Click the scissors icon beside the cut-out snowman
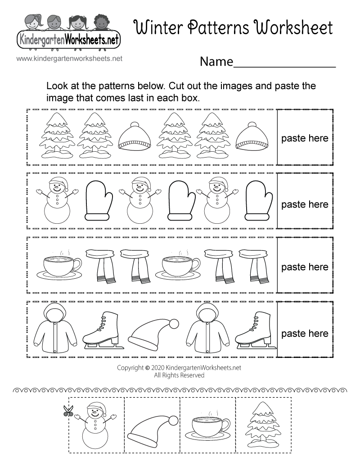pyautogui.click(x=68, y=411)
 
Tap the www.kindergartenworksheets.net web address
pyautogui.click(x=69, y=58)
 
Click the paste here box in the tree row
pyautogui.click(x=305, y=138)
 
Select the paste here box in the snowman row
pyautogui.click(x=305, y=204)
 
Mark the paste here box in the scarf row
pyautogui.click(x=305, y=267)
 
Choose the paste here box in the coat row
pyautogui.click(x=305, y=334)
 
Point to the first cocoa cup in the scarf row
pyautogui.click(x=58, y=267)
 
